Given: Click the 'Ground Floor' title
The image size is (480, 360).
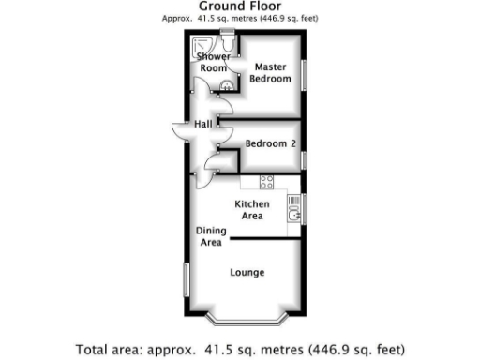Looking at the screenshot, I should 242,7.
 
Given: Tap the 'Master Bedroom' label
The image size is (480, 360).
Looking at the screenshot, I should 269,72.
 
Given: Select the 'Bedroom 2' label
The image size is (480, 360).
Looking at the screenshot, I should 271,143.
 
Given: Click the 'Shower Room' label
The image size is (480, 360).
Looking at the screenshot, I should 213,63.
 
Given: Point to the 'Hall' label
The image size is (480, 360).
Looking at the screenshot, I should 203,124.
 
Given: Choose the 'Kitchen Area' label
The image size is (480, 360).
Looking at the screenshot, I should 252,210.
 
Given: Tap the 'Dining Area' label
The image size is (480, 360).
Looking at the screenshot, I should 209,236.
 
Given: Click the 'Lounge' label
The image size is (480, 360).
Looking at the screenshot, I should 247,273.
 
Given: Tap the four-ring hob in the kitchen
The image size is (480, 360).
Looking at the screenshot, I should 266,181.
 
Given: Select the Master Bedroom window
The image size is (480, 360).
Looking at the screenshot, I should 305,74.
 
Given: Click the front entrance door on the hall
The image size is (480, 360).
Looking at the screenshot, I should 179,130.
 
